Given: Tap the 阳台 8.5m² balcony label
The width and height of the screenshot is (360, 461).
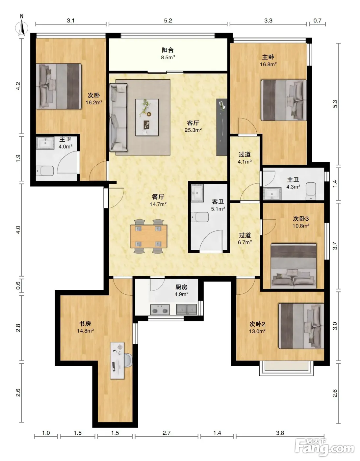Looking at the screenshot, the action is coord(168,53).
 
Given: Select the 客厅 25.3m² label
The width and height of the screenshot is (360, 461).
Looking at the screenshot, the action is coord(193,126).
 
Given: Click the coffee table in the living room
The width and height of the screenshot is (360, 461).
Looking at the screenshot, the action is coord(147,117).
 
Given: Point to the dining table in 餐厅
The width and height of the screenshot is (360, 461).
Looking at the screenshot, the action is coord(148,236).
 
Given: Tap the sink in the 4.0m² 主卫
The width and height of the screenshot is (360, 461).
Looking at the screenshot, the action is coord(45,143).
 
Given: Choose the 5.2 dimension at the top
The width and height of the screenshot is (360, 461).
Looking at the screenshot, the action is coord(168,20).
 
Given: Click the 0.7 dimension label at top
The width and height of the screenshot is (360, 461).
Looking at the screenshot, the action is coord(317,20).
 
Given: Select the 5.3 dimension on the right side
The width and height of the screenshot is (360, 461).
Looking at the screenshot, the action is coord(335,104).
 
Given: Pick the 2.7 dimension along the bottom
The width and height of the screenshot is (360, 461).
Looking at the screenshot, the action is coord(167,433).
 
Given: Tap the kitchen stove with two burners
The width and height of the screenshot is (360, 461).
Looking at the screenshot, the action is coord(160,310).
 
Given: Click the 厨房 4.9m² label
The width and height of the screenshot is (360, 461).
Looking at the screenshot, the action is coord(182,290).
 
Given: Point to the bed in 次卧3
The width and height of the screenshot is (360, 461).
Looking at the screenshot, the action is coord(294,266).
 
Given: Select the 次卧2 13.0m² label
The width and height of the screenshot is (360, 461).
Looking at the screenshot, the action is coord(257,328).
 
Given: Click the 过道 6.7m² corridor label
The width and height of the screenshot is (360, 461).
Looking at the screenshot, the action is coord(245,238).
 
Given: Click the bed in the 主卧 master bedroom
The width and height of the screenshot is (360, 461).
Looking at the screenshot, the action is coord(284,100).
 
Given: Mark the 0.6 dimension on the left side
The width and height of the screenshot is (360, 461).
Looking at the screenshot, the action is coord(18,285).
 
